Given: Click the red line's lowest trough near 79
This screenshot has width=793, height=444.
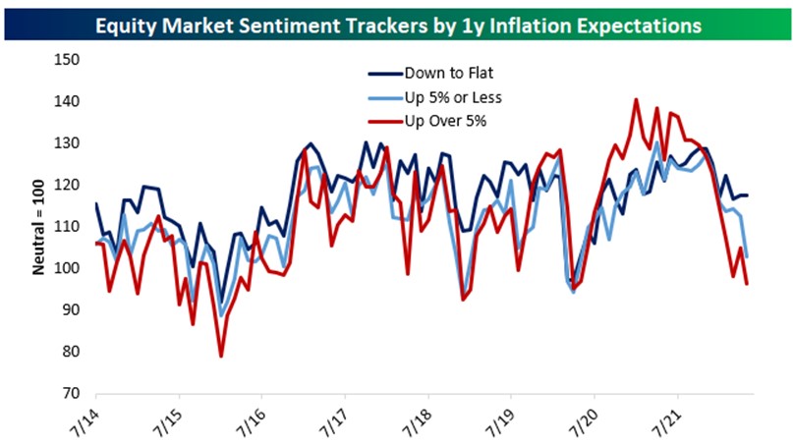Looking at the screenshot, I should [x=221, y=356].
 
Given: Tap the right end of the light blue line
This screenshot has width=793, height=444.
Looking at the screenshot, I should [x=748, y=256].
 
